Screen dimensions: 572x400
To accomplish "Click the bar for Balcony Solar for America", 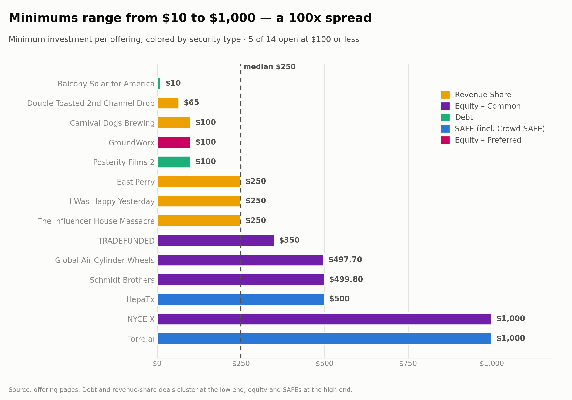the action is click(159, 84).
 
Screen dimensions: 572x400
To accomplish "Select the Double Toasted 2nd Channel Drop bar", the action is click(168, 103).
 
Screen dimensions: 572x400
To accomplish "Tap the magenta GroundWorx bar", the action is click(174, 142).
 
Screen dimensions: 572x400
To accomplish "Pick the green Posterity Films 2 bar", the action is click(174, 162).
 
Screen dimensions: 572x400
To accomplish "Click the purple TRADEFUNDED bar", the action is click(216, 241).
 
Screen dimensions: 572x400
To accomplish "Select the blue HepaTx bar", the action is click(241, 299).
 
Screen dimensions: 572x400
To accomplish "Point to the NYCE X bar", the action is click(325, 319).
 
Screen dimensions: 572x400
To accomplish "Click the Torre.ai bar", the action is click(325, 339).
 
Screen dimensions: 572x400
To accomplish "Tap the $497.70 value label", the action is click(345, 260).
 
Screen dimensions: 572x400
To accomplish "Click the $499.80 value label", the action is click(346, 279).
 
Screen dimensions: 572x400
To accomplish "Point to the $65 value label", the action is click(191, 103).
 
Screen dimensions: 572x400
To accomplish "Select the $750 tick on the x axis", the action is click(408, 364).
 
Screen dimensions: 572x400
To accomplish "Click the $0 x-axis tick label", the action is click(157, 364).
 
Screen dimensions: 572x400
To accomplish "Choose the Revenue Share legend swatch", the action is click(445, 95).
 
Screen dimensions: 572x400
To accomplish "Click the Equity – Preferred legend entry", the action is click(481, 140).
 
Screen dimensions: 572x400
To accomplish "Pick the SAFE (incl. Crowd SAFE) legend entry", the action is click(493, 129).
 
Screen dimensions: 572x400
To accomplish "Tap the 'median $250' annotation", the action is click(270, 67).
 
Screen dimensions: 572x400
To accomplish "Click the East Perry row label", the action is click(136, 182).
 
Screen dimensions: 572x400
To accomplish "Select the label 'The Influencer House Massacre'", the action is click(96, 221).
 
